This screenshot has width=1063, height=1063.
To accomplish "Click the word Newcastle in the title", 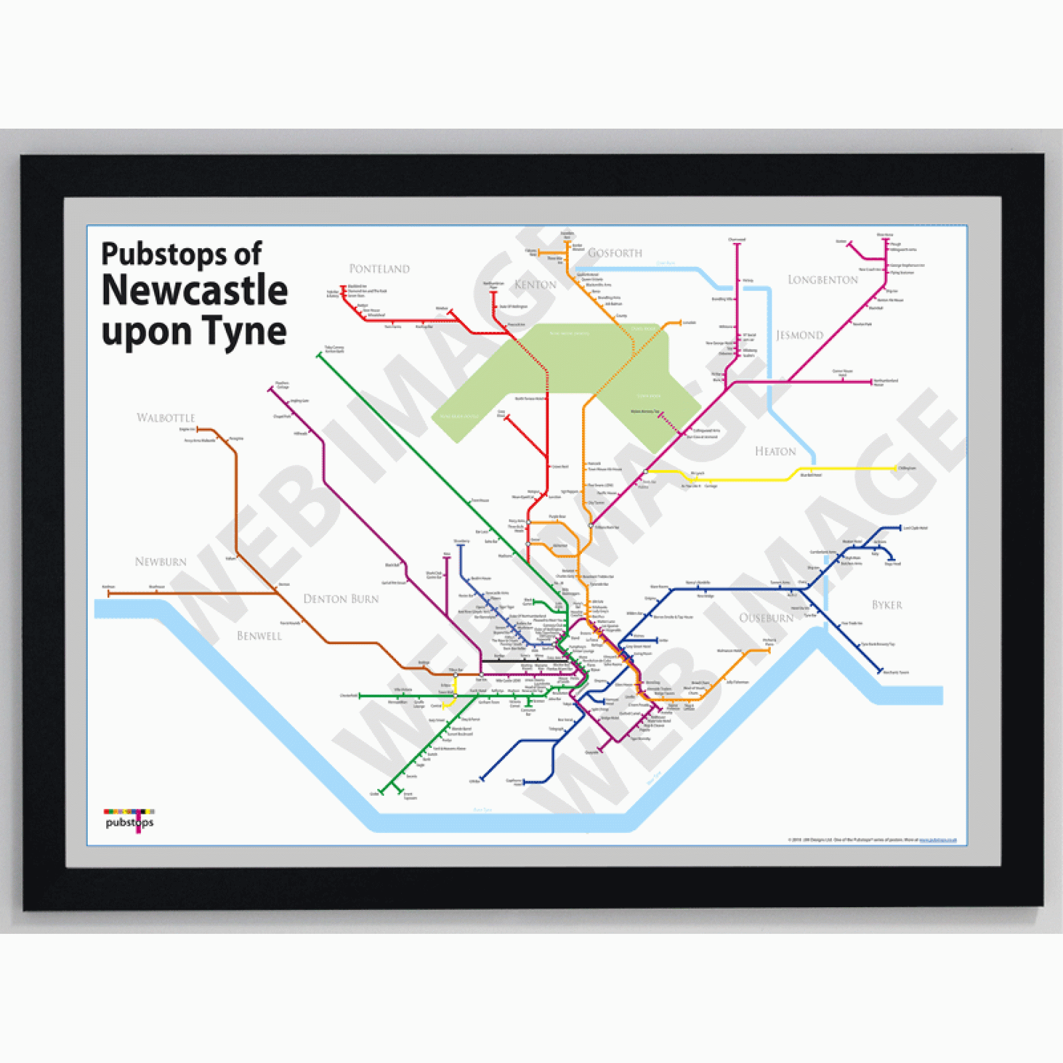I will click(195, 291).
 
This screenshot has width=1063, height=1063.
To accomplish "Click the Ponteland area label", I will click(379, 268).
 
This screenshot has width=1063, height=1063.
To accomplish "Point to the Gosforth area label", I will click(614, 253).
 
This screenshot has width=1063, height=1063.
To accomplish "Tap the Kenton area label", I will click(535, 284).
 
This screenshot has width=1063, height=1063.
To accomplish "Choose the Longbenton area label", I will click(823, 280).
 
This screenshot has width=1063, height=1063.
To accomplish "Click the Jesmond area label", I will click(799, 335).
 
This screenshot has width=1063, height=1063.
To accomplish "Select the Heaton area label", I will click(775, 451).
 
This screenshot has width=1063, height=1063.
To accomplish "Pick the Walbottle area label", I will click(166, 418).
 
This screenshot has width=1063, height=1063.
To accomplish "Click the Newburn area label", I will click(161, 562).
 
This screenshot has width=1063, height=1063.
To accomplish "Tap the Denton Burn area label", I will click(341, 598).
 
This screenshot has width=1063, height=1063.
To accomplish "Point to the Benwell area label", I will click(259, 636).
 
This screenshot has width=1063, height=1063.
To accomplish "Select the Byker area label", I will click(887, 605).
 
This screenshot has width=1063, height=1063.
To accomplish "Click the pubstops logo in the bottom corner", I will click(129, 821).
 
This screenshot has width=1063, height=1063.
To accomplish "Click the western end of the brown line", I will click(108, 594).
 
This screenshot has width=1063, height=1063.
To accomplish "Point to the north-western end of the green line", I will click(318, 356).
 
